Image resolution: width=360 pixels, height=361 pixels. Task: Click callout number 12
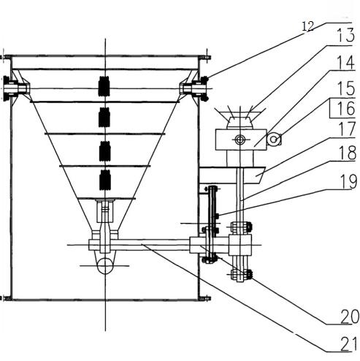308,26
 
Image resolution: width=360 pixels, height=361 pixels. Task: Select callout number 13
345,35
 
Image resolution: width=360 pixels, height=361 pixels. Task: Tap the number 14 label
346,63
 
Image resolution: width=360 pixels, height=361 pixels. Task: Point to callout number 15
346,88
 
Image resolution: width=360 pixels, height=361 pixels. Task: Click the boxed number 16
346,108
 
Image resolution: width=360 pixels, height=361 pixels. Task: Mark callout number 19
348,181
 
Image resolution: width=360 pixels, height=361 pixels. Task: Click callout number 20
350,316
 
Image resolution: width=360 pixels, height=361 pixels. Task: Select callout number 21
349,344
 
